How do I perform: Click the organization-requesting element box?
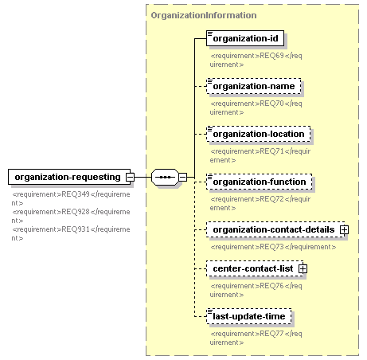tap(69, 177)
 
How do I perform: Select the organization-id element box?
tap(245, 38)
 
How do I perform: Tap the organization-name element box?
tap(254, 86)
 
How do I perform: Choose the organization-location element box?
tap(259, 134)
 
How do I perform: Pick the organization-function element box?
tap(260, 182)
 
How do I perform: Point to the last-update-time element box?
tap(249, 316)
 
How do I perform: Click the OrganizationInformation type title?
tap(204, 15)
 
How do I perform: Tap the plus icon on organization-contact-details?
tap(344, 229)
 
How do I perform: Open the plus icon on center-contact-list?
tap(303, 268)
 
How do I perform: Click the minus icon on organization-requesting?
tap(130, 177)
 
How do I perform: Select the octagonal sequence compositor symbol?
tap(165, 177)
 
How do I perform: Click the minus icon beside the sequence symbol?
tap(182, 177)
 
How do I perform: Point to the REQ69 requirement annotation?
tap(256, 60)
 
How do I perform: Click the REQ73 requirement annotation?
tap(273, 247)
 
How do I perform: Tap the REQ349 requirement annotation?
tap(71, 198)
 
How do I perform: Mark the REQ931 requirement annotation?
tap(71, 233)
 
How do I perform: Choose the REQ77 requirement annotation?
tap(256, 338)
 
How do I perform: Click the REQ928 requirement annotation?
tap(71, 216)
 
